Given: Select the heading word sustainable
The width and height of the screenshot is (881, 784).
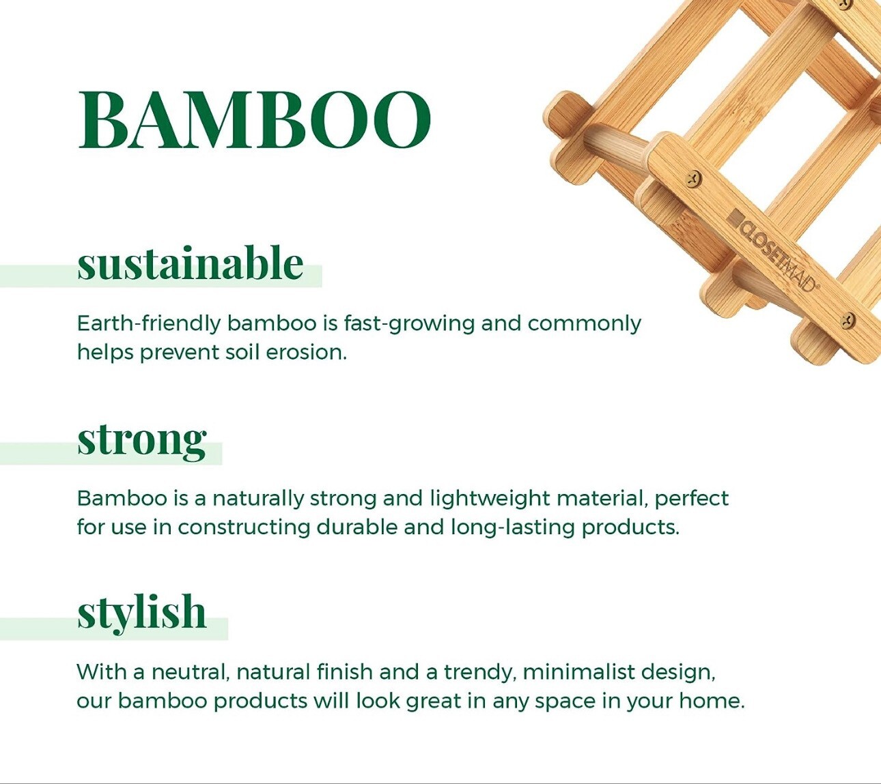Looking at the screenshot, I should click(190, 264).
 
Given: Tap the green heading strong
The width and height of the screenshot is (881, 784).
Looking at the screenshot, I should click(141, 439).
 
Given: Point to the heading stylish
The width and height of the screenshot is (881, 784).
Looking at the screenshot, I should click(141, 612).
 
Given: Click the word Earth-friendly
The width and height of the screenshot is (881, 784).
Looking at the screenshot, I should click(148, 323).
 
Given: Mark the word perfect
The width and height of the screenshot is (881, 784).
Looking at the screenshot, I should click(691, 499).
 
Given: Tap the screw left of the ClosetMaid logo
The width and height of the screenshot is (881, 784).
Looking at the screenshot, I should click(694, 179).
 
